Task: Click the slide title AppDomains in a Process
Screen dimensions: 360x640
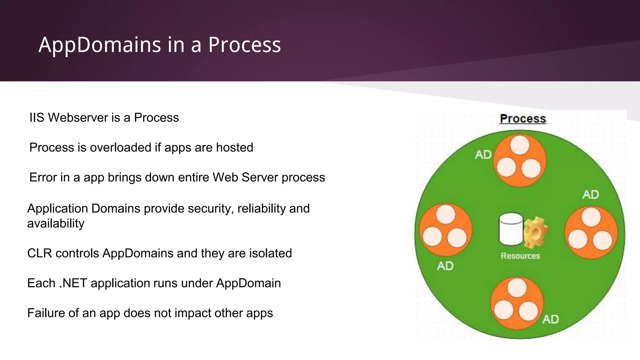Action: (x=160, y=45)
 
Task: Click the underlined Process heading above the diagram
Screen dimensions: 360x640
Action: (x=523, y=118)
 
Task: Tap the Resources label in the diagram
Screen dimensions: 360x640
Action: (x=520, y=256)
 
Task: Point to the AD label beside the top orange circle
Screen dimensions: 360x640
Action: (x=483, y=155)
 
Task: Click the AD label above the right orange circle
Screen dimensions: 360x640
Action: (x=590, y=195)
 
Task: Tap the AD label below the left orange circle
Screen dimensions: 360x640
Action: (x=445, y=266)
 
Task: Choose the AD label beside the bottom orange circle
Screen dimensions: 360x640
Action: (x=550, y=319)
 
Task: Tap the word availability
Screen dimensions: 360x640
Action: (x=56, y=223)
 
